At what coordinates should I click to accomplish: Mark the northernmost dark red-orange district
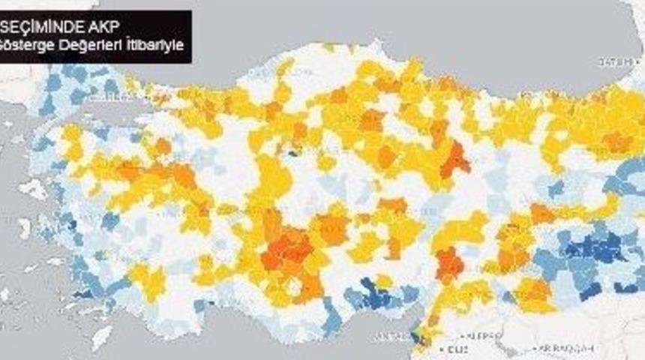coord(454,159)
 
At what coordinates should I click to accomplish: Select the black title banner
coord(95,35)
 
